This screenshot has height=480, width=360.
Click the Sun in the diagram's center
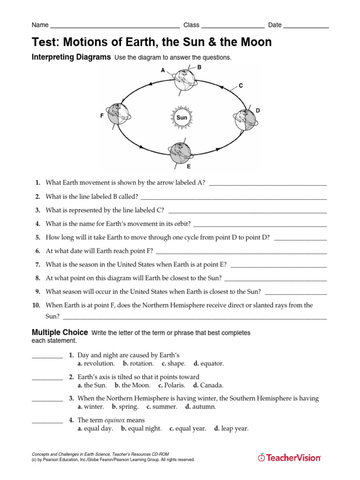182,117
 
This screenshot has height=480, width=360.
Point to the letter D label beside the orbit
258,111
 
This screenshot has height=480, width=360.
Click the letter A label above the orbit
163,70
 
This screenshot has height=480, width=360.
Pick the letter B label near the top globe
199,67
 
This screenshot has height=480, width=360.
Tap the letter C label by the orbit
240,86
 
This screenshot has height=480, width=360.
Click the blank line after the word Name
114,27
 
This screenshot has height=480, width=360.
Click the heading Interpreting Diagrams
71,57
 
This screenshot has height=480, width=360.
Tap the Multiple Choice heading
60,333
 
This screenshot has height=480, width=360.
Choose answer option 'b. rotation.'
138,364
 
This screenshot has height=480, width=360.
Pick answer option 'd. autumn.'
201,407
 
